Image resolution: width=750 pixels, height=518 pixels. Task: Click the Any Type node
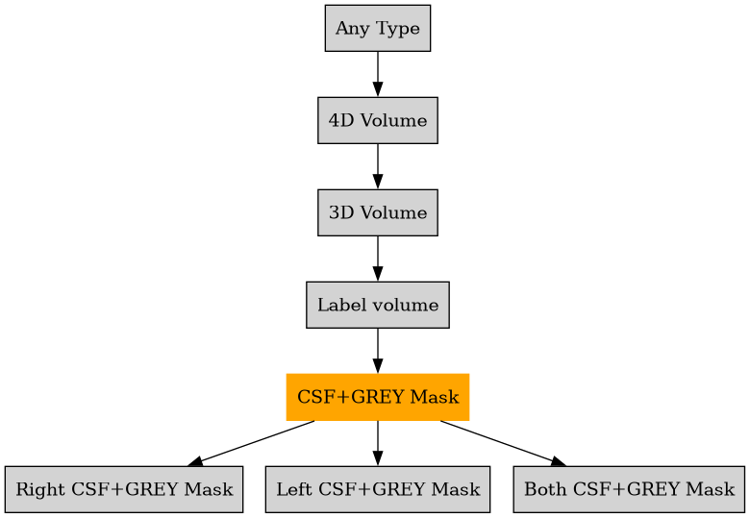click(x=377, y=28)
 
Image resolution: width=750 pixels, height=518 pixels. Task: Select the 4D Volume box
click(x=377, y=120)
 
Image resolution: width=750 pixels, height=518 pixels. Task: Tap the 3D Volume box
click(x=377, y=212)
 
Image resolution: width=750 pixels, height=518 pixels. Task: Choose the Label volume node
click(x=377, y=305)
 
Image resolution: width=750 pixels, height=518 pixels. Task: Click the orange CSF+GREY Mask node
click(x=377, y=397)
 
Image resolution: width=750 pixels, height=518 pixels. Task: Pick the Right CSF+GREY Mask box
click(x=123, y=489)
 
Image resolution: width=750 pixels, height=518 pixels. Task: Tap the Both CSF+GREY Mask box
click(x=629, y=489)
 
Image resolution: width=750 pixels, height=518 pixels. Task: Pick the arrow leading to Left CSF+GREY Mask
click(x=377, y=443)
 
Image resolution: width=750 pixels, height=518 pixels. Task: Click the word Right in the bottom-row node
click(x=35, y=490)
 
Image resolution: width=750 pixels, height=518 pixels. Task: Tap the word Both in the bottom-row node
click(x=541, y=490)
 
